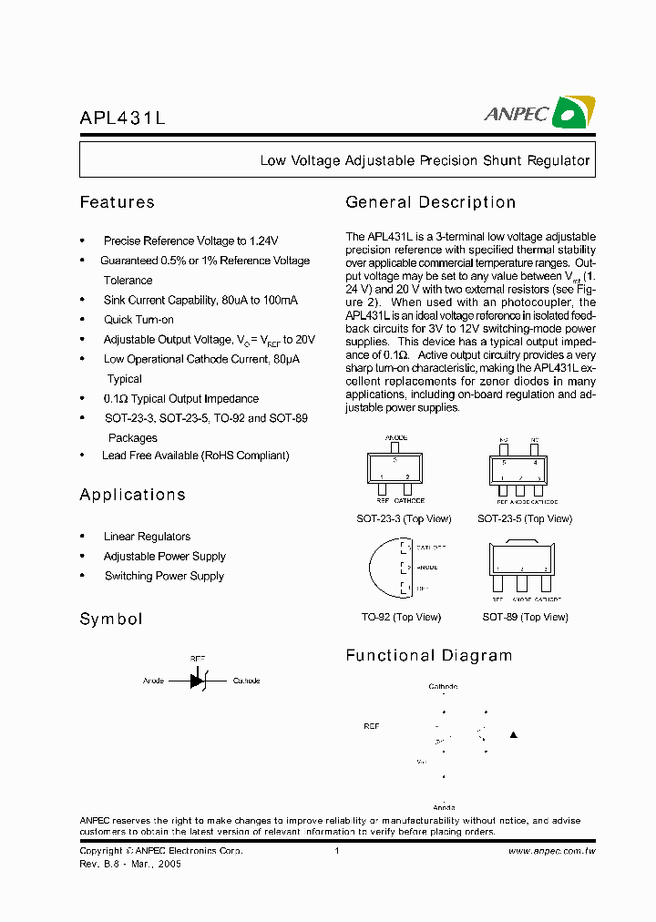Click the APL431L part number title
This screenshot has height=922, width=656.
(x=122, y=118)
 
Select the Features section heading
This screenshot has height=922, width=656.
(x=117, y=202)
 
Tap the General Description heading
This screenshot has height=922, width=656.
(x=430, y=202)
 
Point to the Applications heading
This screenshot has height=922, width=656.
(x=132, y=495)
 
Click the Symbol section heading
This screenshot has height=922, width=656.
(x=111, y=620)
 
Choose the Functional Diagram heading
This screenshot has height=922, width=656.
(x=428, y=656)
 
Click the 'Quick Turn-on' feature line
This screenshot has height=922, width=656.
(x=138, y=320)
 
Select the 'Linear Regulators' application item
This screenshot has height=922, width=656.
(x=147, y=537)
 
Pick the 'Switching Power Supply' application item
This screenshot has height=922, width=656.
(x=164, y=576)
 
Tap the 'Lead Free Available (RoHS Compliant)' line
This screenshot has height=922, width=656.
(x=196, y=456)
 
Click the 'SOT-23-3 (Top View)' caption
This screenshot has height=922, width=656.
(x=404, y=519)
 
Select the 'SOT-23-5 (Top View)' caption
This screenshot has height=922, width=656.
(x=525, y=519)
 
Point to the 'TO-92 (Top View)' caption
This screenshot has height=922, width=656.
(x=401, y=618)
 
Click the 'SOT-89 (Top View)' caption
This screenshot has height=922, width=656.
(x=525, y=618)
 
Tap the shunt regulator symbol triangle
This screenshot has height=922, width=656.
(x=197, y=681)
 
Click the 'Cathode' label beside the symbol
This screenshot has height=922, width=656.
(x=246, y=681)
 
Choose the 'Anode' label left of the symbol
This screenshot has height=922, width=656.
(x=153, y=681)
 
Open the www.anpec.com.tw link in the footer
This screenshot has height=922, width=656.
(x=551, y=851)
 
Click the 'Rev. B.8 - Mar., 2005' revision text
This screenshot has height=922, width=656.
(x=130, y=864)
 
